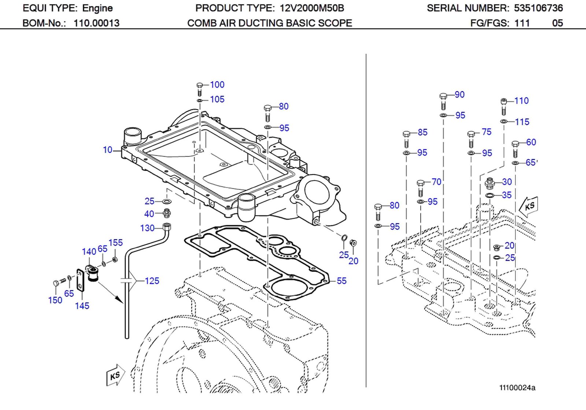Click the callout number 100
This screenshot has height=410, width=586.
(x=217, y=85)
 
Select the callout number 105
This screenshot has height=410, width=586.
(x=217, y=99)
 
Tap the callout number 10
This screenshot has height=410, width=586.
(x=107, y=150)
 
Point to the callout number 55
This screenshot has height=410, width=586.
(x=341, y=281)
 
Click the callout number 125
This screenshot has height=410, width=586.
(x=152, y=281)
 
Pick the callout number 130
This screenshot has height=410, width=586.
(x=147, y=228)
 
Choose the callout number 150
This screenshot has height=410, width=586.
(x=55, y=300)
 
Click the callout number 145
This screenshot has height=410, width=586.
(x=82, y=306)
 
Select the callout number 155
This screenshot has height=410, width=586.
(x=115, y=243)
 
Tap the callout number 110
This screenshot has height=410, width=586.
(x=521, y=101)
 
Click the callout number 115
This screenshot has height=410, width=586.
(x=522, y=122)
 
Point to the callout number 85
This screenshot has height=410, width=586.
(x=422, y=132)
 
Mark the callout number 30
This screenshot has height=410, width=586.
(x=507, y=182)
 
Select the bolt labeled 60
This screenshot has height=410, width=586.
(x=515, y=148)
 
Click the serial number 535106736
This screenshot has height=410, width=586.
(x=538, y=8)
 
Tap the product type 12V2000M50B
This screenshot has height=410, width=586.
(x=312, y=8)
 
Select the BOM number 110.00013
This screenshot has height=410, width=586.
(x=96, y=23)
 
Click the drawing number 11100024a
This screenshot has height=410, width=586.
(x=517, y=388)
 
